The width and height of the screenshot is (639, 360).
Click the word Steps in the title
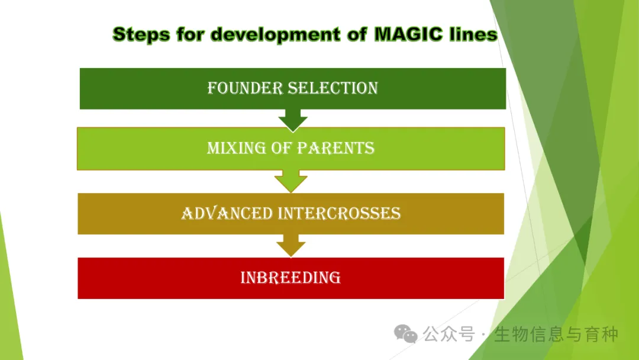click(x=141, y=35)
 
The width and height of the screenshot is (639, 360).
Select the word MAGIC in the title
click(x=408, y=34)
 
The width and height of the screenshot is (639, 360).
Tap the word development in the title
click(x=275, y=35)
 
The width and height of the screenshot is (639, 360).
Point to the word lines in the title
click(x=473, y=34)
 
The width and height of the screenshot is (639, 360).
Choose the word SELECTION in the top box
click(x=333, y=88)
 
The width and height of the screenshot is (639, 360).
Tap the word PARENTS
click(x=335, y=148)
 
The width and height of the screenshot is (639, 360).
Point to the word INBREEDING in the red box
click(x=291, y=278)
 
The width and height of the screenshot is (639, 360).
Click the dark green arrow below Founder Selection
click(x=293, y=120)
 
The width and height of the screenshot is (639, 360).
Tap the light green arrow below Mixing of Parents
click(x=291, y=181)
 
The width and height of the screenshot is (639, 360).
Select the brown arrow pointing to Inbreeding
click(x=291, y=246)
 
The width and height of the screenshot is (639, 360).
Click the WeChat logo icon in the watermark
click(x=405, y=334)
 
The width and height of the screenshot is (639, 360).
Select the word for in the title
click(x=191, y=34)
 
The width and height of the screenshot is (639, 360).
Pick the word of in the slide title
click(x=357, y=34)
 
